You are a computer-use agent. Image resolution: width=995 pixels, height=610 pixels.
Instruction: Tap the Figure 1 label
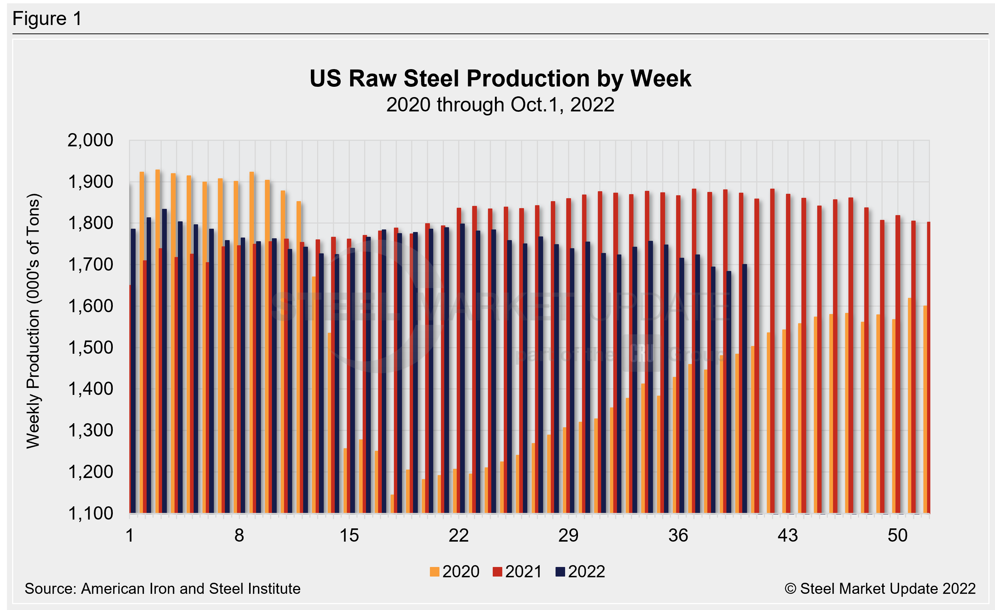[47, 19]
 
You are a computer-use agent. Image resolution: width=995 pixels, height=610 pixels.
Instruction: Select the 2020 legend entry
[455, 572]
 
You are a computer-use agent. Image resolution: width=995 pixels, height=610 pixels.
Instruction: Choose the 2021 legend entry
[518, 572]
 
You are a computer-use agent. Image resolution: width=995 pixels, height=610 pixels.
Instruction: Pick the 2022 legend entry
[581, 572]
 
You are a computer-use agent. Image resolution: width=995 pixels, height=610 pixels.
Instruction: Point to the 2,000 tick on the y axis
[90, 140]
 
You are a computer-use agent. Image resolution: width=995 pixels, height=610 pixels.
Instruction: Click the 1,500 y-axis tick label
[90, 348]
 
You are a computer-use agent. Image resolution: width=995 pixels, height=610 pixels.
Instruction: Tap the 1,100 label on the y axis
[90, 513]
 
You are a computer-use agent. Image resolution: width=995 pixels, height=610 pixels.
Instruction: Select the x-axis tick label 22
[459, 536]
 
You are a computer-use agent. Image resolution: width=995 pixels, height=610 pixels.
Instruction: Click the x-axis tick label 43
[787, 536]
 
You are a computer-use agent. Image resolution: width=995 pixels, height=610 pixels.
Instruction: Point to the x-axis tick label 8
[239, 536]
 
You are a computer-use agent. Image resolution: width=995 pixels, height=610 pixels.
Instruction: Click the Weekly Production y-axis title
[33, 321]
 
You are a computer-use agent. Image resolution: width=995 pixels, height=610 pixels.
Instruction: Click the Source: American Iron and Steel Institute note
[162, 589]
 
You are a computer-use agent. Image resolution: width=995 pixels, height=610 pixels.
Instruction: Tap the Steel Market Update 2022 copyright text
[880, 589]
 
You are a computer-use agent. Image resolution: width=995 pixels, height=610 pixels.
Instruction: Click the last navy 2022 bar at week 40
[744, 388]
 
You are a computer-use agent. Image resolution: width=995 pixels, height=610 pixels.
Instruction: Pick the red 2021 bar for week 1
[130, 400]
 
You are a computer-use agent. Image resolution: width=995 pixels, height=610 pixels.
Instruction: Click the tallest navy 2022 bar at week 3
[164, 364]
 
